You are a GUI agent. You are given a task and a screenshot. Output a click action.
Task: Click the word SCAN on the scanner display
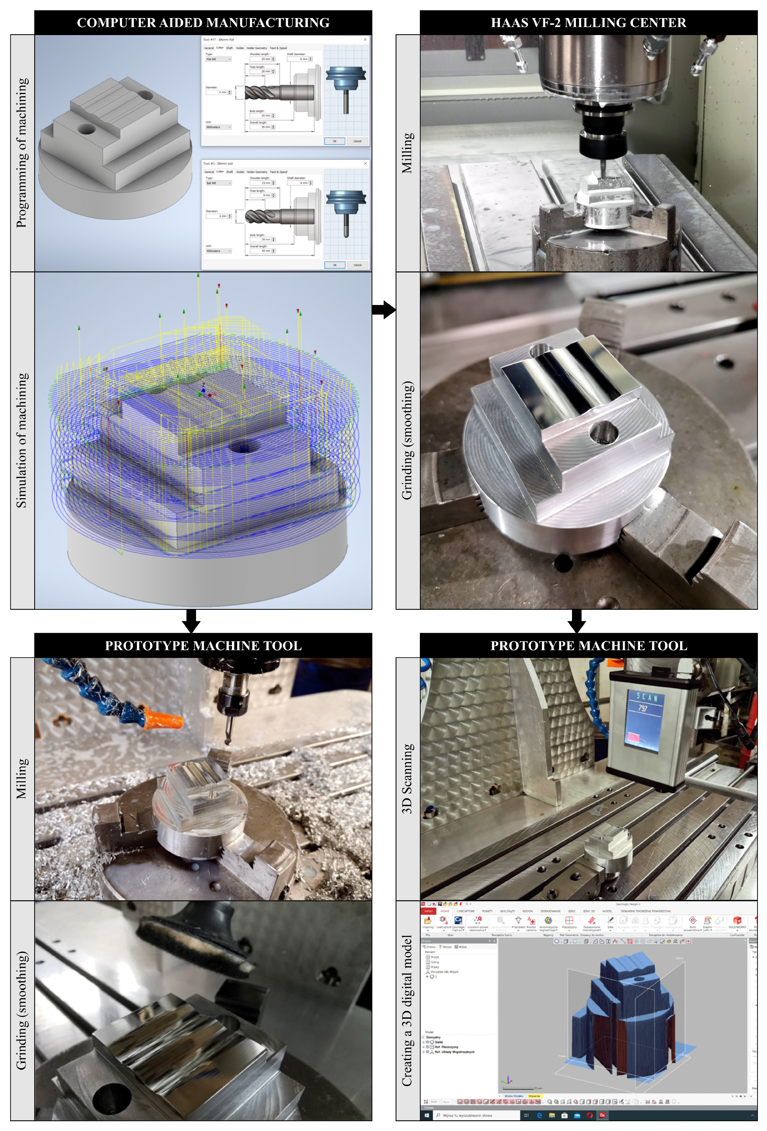(x=647, y=697)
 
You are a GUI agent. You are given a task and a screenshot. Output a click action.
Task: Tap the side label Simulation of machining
(x=22, y=440)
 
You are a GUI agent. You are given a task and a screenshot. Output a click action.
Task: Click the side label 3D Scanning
(x=407, y=779)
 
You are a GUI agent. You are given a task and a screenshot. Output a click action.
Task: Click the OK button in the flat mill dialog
(x=334, y=141)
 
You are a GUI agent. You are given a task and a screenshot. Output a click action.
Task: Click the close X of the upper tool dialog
(x=365, y=39)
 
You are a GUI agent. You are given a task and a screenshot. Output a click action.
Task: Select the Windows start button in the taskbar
(x=427, y=1115)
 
